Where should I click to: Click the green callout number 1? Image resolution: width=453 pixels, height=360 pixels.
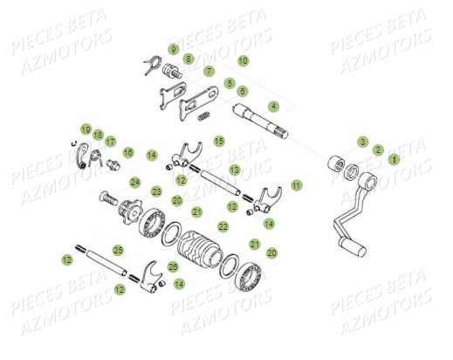coord(393,160)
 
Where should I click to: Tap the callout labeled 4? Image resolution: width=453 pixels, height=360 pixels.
coord(273,106)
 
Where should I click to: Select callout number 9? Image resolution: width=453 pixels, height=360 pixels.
coord(173,49)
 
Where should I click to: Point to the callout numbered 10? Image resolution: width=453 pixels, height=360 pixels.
coord(243,61)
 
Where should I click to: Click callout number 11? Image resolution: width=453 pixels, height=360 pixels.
coord(297,185)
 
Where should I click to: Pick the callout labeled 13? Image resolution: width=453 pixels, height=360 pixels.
coord(235,169)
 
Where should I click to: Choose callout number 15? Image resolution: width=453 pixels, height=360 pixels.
coord(218,140)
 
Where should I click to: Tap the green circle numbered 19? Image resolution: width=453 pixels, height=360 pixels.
coord(86,129)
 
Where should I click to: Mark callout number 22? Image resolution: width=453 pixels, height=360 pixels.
coord(223,226)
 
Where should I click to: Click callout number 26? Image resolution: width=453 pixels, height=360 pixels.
coord(173,266)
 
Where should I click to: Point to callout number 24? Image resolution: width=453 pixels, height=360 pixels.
coord(135,183)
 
